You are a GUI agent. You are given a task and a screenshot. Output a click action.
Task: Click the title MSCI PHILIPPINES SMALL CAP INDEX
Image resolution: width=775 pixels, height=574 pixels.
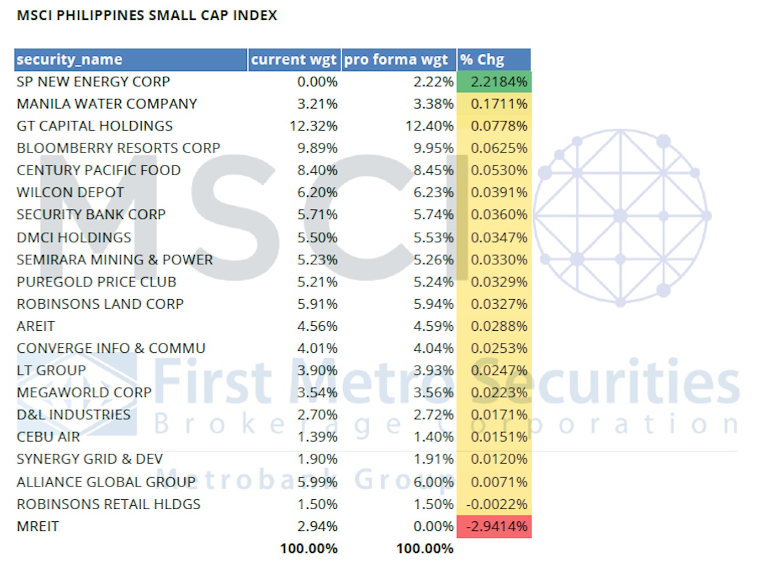click(x=147, y=15)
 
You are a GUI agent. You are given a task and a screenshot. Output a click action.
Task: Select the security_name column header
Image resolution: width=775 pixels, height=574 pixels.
click(x=69, y=59)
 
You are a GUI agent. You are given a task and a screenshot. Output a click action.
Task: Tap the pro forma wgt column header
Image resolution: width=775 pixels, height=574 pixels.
click(x=396, y=59)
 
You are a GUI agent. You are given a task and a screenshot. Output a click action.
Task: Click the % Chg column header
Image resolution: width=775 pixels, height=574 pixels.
click(x=483, y=59)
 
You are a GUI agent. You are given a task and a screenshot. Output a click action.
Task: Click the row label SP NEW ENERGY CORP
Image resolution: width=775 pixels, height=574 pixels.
click(x=93, y=82)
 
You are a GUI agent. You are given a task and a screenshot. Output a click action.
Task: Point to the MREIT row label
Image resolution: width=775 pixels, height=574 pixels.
click(x=38, y=526)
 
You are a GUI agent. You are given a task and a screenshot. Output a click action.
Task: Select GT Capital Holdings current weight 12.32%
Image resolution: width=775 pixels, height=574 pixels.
click(x=313, y=126)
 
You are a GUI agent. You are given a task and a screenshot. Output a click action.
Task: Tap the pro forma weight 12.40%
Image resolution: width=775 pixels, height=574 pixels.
click(x=430, y=126)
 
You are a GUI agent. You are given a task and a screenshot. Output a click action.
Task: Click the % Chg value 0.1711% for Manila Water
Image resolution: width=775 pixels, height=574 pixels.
click(x=498, y=104)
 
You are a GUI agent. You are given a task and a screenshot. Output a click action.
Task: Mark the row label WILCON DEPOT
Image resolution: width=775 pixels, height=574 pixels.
click(x=70, y=193)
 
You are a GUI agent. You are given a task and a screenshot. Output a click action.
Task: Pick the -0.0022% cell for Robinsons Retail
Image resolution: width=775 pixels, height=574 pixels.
click(x=497, y=504)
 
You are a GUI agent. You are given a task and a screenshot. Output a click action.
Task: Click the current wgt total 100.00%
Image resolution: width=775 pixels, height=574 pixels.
click(x=308, y=549)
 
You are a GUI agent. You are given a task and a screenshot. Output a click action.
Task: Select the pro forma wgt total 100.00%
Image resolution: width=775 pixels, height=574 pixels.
click(x=425, y=549)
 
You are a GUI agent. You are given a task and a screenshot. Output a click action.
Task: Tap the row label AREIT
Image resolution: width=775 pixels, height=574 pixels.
click(x=36, y=326)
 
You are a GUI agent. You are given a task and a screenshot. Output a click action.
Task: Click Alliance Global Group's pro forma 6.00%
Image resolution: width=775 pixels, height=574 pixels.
click(x=433, y=482)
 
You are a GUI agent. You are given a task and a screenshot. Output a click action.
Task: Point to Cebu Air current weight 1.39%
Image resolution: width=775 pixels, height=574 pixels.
click(x=317, y=437)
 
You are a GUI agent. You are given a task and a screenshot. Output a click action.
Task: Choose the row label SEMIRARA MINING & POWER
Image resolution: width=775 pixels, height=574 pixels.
click(x=115, y=260)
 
